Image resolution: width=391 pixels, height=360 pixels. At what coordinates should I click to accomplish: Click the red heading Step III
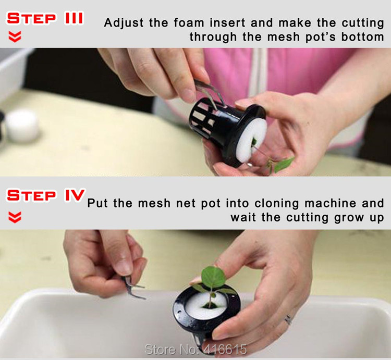pyautogui.click(x=45, y=18)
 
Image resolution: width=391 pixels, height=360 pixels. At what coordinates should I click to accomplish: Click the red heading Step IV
pyautogui.click(x=46, y=195)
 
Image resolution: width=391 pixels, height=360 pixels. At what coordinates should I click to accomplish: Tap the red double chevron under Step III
pyautogui.click(x=15, y=37)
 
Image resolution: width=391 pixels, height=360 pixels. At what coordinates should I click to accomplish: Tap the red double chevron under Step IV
pyautogui.click(x=15, y=217)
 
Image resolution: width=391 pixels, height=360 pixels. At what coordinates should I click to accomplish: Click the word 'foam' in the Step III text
pyautogui.click(x=190, y=23)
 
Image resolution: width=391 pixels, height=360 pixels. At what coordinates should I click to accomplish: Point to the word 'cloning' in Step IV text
pyautogui.click(x=276, y=204)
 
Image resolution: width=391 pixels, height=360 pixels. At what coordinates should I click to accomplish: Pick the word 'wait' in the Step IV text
pyautogui.click(x=243, y=217)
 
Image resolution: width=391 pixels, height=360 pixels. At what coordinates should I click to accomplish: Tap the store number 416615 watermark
pyautogui.click(x=195, y=349)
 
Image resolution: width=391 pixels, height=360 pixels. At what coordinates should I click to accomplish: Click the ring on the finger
pyautogui.click(x=288, y=319)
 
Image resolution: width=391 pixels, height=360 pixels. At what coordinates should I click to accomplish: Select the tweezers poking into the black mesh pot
pyautogui.click(x=209, y=93)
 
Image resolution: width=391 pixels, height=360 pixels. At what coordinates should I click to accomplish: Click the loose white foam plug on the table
pyautogui.click(x=22, y=125)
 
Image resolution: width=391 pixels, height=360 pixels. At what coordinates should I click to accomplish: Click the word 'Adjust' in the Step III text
pyautogui.click(x=124, y=23)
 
